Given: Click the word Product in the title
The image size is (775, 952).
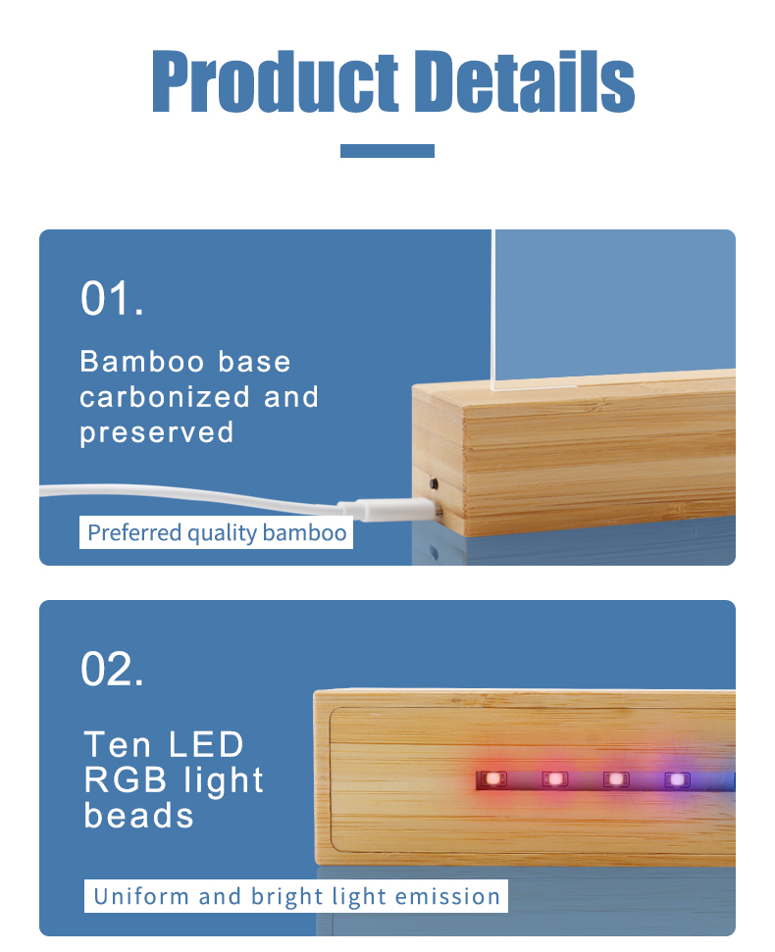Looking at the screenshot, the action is [275, 82].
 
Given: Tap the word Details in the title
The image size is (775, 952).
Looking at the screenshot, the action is [525, 81].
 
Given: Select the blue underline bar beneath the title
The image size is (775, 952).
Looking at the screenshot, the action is [387, 151].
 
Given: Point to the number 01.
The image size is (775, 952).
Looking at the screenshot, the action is [113, 298].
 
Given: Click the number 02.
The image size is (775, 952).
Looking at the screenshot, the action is [113, 669].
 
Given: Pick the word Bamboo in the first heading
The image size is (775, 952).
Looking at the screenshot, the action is [142, 361].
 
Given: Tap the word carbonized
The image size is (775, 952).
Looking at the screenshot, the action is [165, 397].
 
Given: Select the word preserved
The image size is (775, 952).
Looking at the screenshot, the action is [157, 433].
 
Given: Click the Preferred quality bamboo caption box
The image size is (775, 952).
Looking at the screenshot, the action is [216, 532].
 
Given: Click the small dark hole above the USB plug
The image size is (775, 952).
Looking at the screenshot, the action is [434, 484].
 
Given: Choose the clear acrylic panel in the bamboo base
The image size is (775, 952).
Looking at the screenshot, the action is [613, 308].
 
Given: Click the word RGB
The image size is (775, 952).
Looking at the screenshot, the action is [126, 779].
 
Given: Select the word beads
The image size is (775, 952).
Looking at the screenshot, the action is [139, 816].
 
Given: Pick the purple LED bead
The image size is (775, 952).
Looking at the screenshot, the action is [677, 779].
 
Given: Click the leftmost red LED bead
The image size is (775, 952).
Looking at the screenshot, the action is [493, 778].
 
